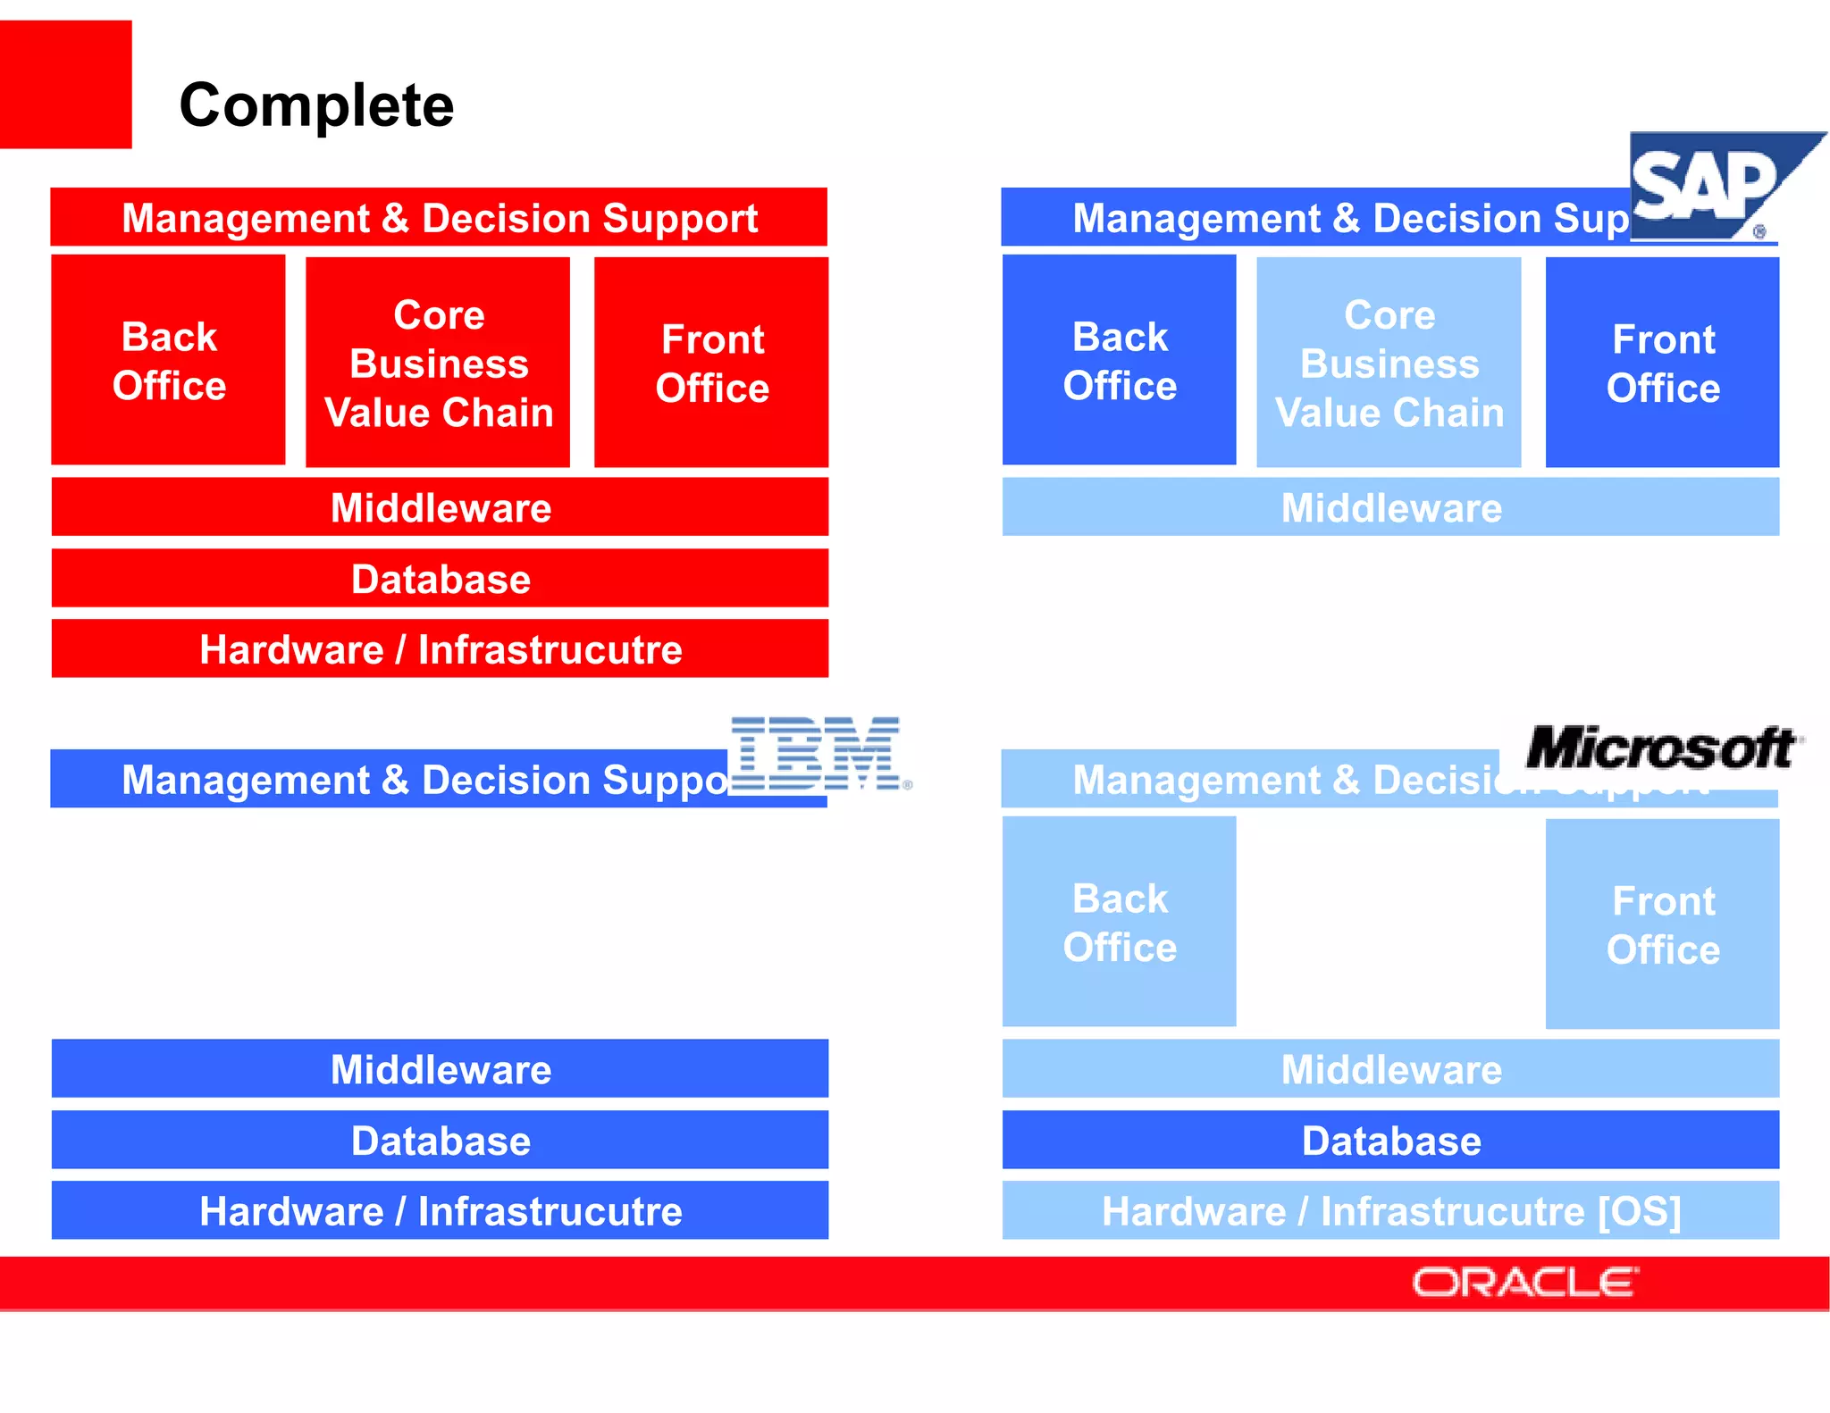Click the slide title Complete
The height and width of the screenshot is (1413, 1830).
[x=316, y=105]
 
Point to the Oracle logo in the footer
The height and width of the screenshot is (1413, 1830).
[x=1524, y=1283]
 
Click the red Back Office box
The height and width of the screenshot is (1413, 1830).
[x=168, y=360]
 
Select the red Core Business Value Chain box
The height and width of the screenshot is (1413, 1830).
[x=438, y=363]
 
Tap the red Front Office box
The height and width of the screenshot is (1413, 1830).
[x=711, y=363]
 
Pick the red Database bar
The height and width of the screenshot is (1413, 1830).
[x=440, y=578]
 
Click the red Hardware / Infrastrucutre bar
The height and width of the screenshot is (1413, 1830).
[x=440, y=648]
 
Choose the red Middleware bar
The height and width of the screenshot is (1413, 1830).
[x=440, y=506]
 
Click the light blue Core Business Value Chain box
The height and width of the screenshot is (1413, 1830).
[x=1389, y=363]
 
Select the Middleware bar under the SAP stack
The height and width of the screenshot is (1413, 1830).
[x=1390, y=506]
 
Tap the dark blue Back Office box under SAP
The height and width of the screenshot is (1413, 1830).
[x=1119, y=360]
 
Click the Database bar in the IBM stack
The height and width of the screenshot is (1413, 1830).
[x=440, y=1140]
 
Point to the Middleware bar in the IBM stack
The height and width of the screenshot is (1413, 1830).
[x=440, y=1068]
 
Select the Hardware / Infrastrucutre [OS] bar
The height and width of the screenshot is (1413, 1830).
[x=1390, y=1210]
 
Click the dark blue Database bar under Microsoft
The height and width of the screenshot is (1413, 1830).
[x=1390, y=1140]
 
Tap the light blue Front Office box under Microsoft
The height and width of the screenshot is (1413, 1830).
[x=1662, y=924]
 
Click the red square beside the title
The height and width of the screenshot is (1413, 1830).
[x=65, y=84]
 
